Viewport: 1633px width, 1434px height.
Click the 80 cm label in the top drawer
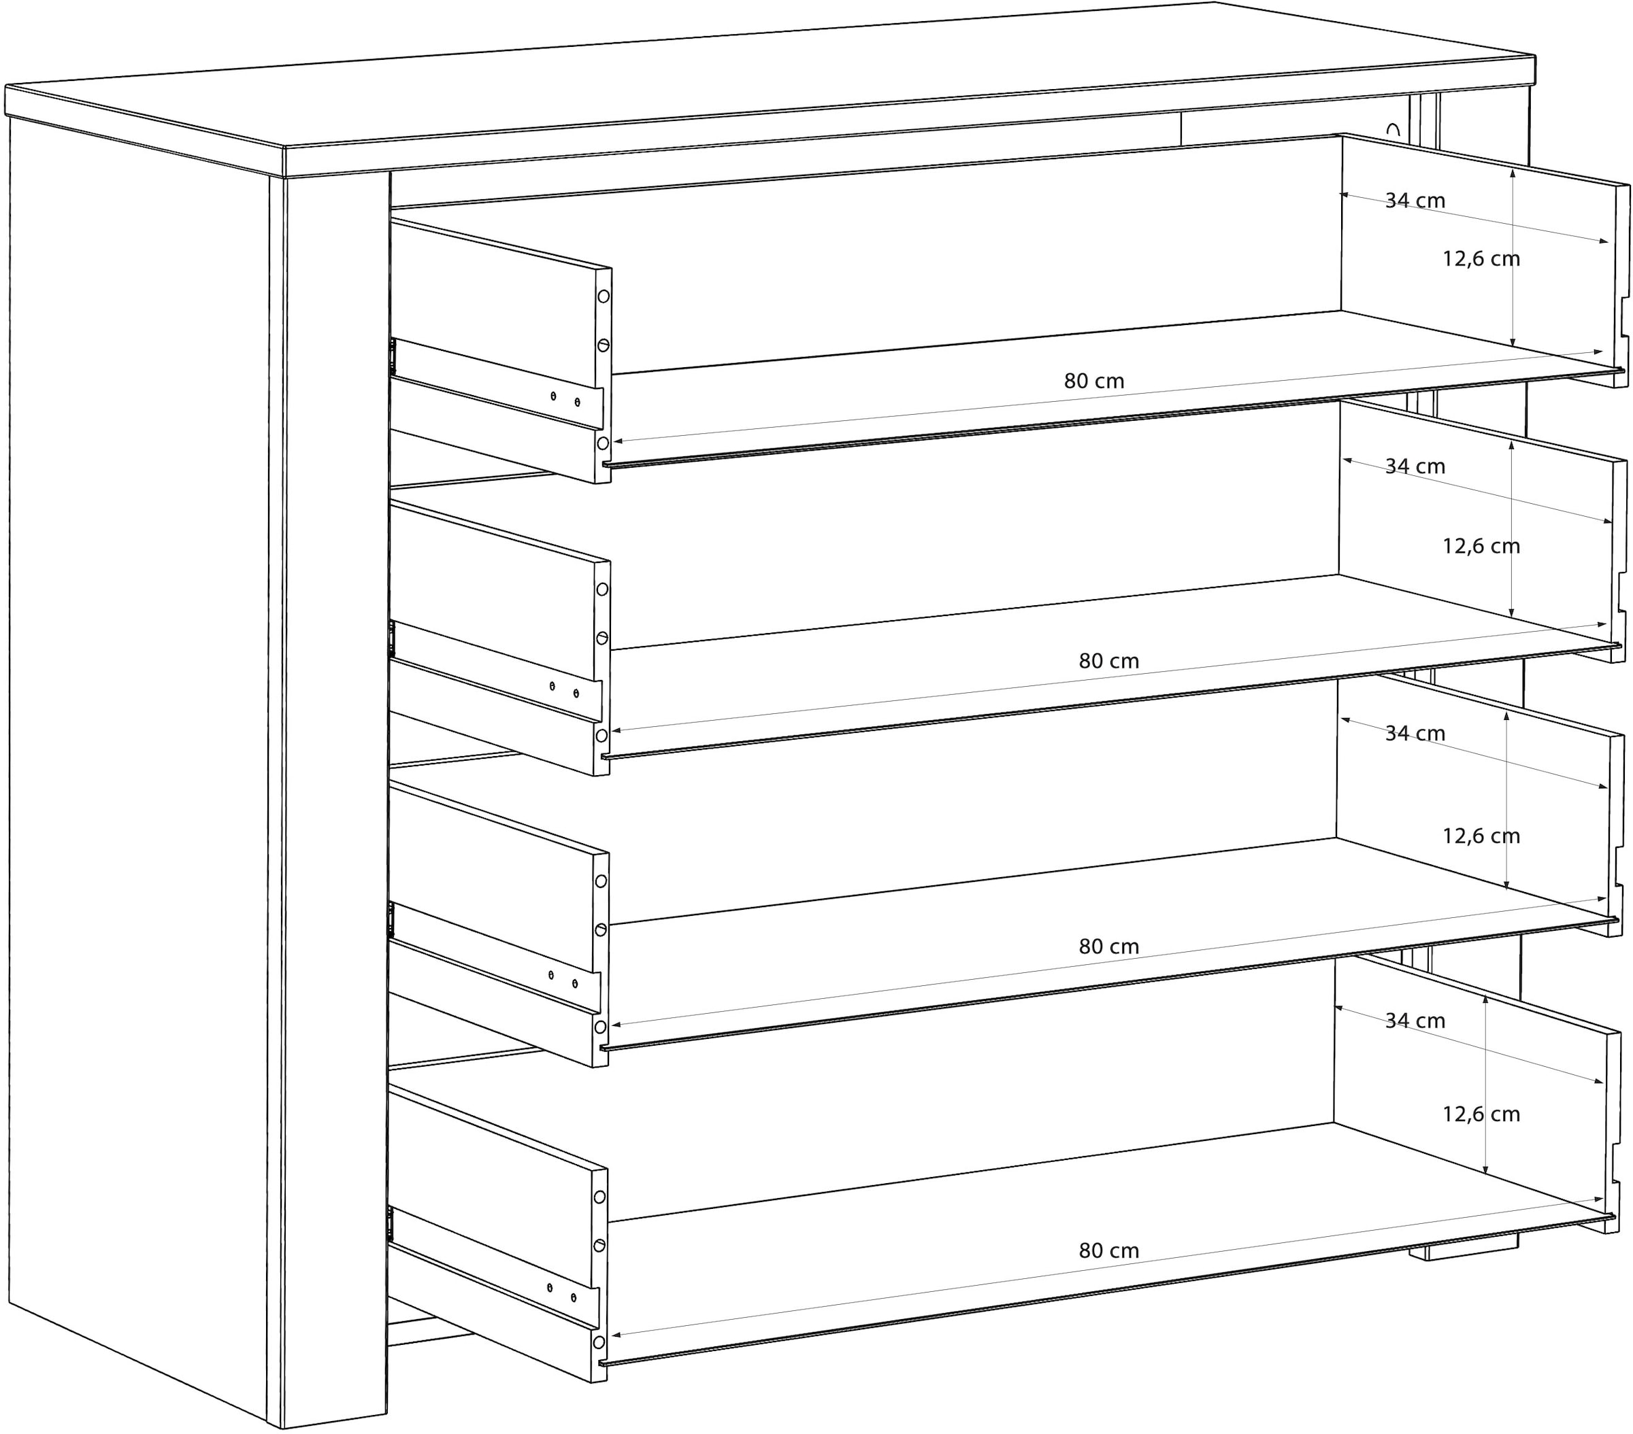[x=1093, y=381]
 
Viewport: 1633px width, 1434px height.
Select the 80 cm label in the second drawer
[x=1109, y=660]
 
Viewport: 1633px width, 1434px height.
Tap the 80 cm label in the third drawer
[x=1109, y=946]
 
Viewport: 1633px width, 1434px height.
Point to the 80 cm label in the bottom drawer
[x=1109, y=1250]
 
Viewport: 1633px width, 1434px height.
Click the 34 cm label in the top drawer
[x=1415, y=201]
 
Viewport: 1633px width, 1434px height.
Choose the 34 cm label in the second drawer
[x=1415, y=466]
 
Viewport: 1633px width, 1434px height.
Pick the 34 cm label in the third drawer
[x=1415, y=733]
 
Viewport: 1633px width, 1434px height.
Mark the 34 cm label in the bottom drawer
[x=1415, y=1021]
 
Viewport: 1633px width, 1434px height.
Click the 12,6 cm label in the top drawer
[x=1481, y=258]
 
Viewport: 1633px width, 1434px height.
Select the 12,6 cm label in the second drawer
[x=1481, y=546]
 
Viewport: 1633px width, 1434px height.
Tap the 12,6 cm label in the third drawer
[x=1481, y=836]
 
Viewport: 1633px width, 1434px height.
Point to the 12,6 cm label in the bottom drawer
[x=1481, y=1114]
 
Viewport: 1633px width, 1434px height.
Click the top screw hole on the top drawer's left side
[x=603, y=296]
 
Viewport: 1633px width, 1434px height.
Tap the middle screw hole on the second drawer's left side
[x=601, y=638]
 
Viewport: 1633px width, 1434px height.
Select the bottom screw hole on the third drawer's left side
[x=601, y=1026]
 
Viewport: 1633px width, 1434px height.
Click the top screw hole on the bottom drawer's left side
[x=600, y=1197]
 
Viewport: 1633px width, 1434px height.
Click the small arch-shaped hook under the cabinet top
[x=1393, y=130]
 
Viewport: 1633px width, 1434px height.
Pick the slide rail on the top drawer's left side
[x=495, y=383]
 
